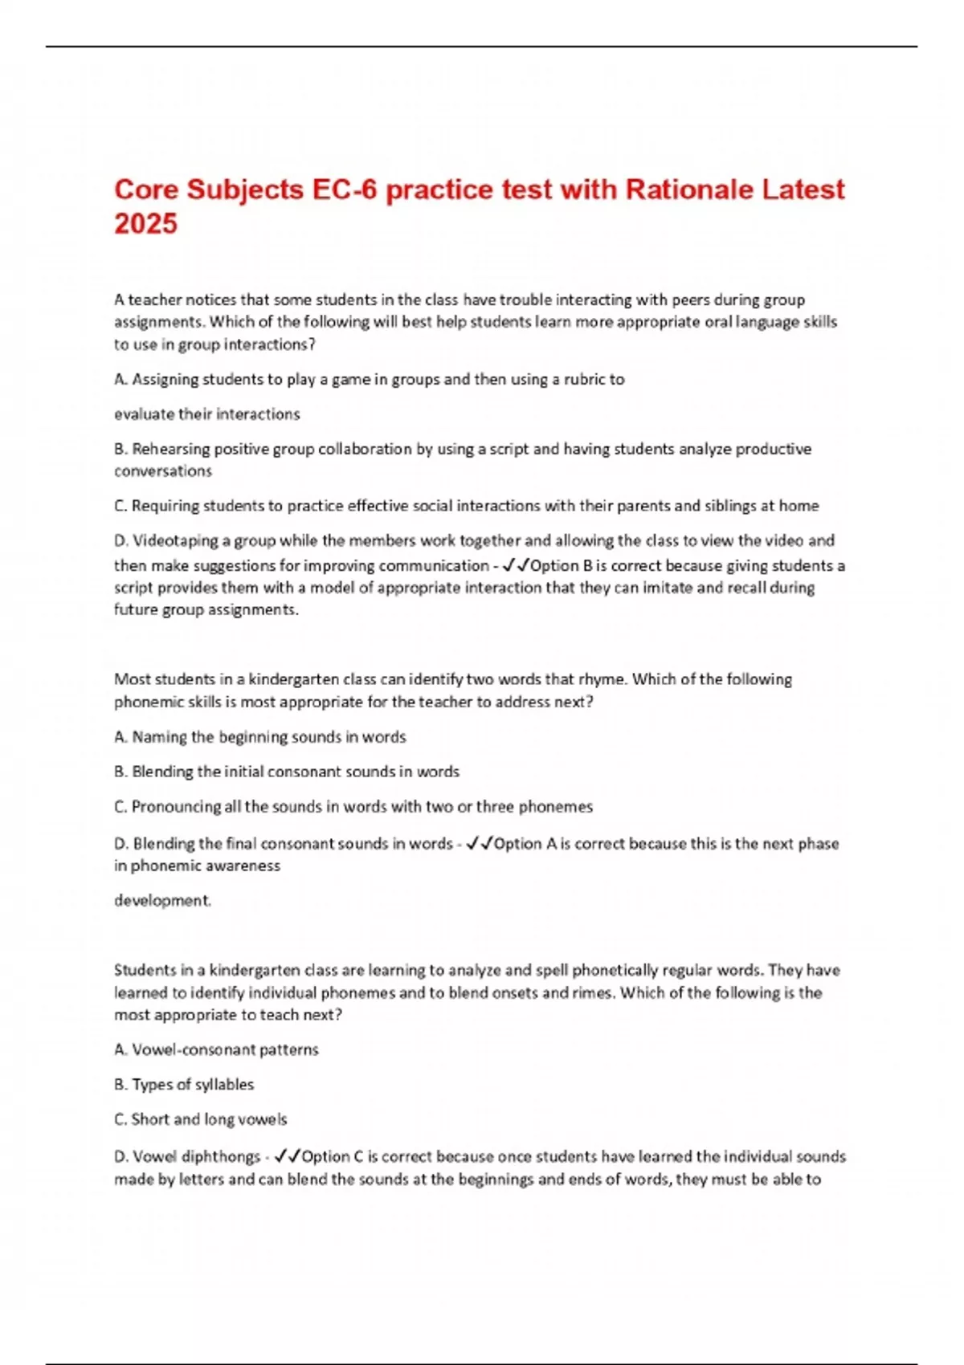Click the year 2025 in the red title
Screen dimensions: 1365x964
[145, 224]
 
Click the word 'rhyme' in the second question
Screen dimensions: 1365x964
[600, 679]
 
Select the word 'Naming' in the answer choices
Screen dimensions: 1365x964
[159, 737]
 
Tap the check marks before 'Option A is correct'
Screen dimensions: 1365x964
[480, 843]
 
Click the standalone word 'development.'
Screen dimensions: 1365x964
[162, 901]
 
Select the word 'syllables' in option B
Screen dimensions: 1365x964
[224, 1085]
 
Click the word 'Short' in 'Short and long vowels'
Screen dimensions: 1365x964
[150, 1119]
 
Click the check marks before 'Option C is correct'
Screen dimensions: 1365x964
[287, 1157]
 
